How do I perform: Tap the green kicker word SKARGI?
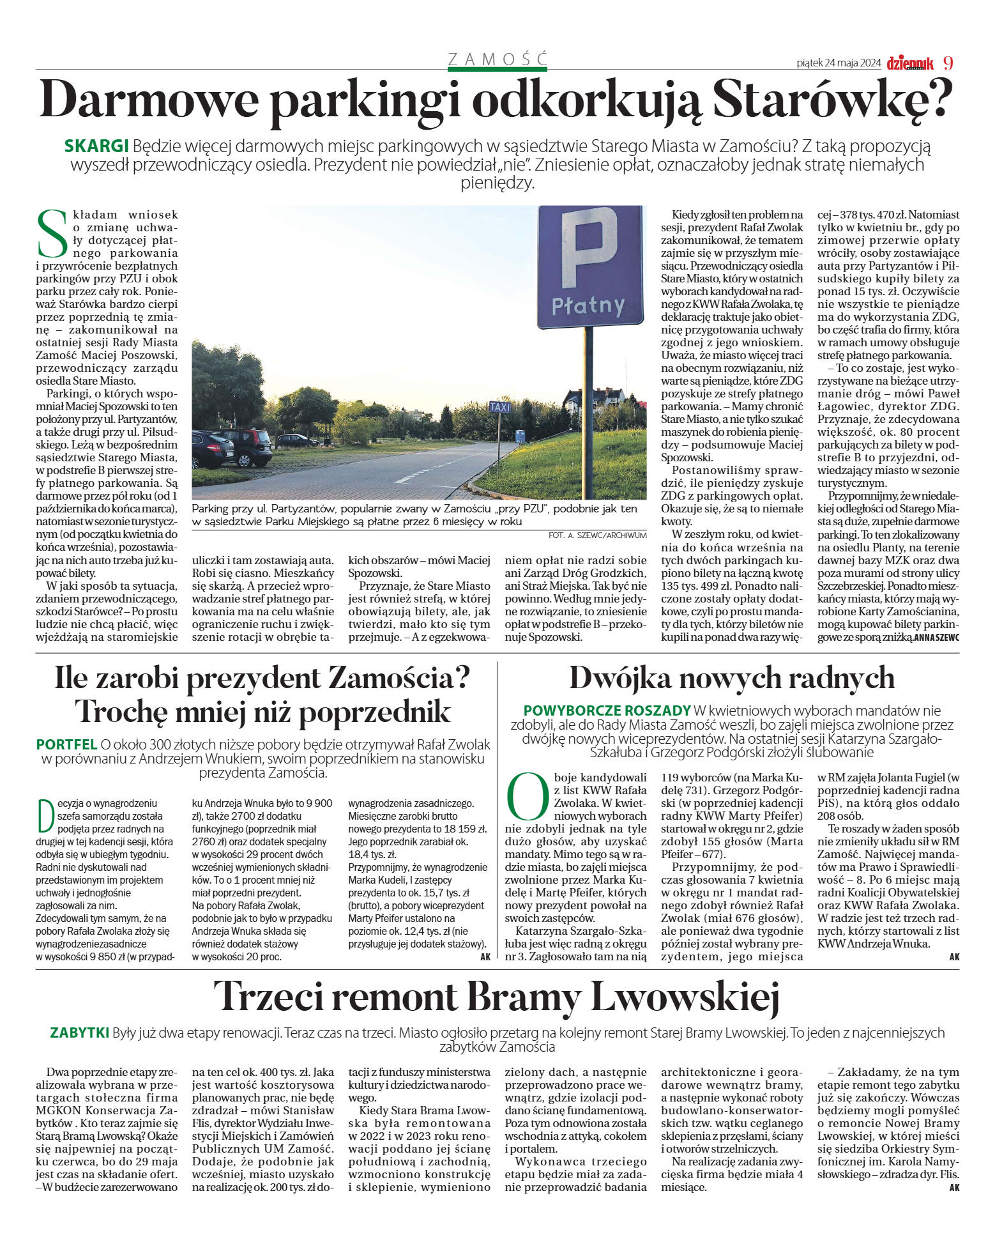pyautogui.click(x=96, y=146)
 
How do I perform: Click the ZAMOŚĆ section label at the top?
pyautogui.click(x=497, y=59)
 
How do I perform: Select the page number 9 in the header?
pyautogui.click(x=948, y=63)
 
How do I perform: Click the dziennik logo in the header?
pyautogui.click(x=909, y=63)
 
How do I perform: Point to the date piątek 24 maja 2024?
pyautogui.click(x=839, y=63)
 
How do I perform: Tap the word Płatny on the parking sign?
pyautogui.click(x=588, y=305)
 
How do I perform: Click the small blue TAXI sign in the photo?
pyautogui.click(x=499, y=407)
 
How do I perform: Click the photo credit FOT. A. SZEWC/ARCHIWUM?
pyautogui.click(x=597, y=535)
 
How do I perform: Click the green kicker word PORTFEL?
pyautogui.click(x=66, y=744)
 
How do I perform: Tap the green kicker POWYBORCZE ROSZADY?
pyautogui.click(x=607, y=710)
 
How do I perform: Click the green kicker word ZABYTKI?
pyautogui.click(x=79, y=1033)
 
